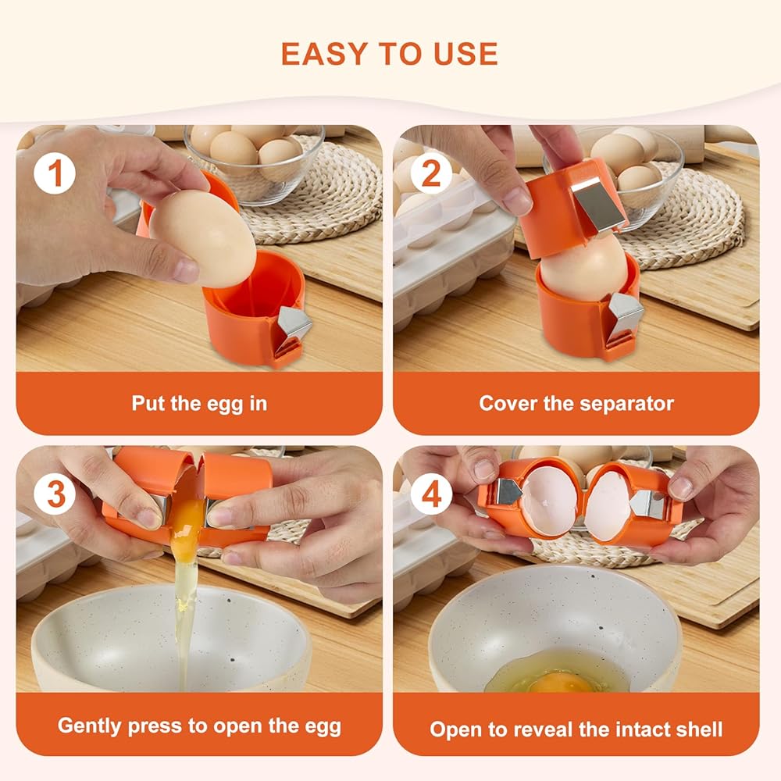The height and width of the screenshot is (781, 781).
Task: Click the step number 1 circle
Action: pyautogui.click(x=55, y=174)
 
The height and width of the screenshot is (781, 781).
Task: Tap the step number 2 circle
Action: pyautogui.click(x=431, y=174)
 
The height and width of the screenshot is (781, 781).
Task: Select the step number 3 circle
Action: pyautogui.click(x=55, y=494)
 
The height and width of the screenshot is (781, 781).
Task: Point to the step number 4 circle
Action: pyautogui.click(x=431, y=494)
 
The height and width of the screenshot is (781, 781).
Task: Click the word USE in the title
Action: pyautogui.click(x=465, y=54)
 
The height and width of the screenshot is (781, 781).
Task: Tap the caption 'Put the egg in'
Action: pyautogui.click(x=199, y=404)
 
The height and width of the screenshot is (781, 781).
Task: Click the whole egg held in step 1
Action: pyautogui.click(x=203, y=238)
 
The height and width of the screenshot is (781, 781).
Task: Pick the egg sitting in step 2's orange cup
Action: pyautogui.click(x=583, y=269)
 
